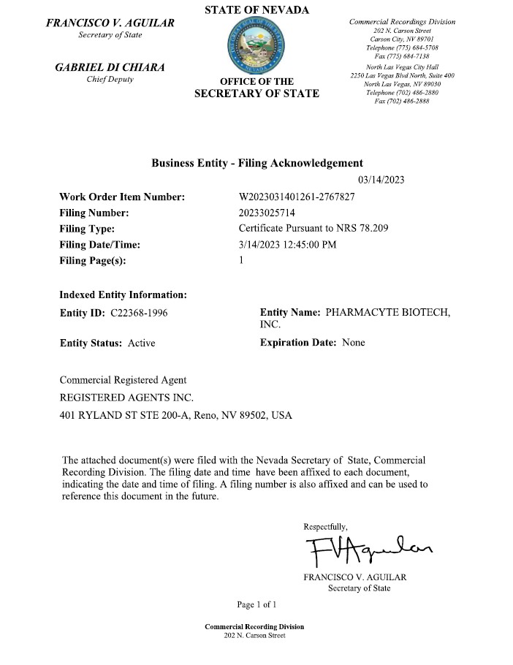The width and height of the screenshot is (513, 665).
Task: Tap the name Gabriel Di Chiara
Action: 110,67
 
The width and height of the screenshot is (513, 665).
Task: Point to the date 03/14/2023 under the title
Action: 381,180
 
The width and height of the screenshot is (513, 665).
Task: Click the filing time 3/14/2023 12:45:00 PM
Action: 288,245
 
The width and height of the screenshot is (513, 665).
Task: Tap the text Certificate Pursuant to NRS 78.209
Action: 314,229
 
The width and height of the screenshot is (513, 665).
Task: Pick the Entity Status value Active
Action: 142,342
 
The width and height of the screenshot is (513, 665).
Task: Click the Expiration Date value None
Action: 354,342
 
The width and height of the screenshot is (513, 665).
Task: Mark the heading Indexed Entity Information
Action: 123,295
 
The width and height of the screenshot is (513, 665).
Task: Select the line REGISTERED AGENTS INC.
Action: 126,398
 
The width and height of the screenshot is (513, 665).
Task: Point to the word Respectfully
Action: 326,526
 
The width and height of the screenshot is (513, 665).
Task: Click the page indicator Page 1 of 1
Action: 256,604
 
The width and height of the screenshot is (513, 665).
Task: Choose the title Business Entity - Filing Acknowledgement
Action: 256,163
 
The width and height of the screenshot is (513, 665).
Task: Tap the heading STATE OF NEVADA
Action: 256,9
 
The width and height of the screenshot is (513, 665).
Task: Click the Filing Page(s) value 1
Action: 242,261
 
